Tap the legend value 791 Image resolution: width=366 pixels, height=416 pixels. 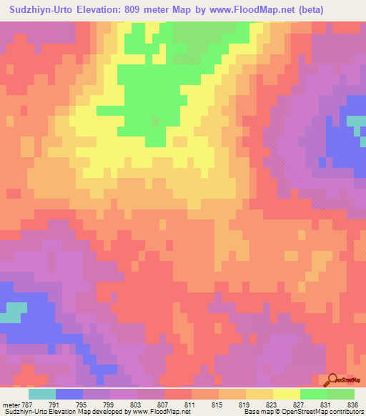point(56,404)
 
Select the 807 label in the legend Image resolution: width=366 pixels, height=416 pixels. point(163,404)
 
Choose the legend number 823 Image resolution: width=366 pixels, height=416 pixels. point(272,404)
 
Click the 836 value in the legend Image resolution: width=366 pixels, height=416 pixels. point(353,404)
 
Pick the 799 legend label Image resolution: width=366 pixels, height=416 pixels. point(110,404)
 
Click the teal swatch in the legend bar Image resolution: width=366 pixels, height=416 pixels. point(42,394)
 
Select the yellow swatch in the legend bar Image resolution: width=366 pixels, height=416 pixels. point(286,394)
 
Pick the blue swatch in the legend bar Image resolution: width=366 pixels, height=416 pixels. point(69,394)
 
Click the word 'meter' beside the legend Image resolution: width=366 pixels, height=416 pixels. point(10,404)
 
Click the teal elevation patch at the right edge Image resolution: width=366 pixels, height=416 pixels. point(357,124)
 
